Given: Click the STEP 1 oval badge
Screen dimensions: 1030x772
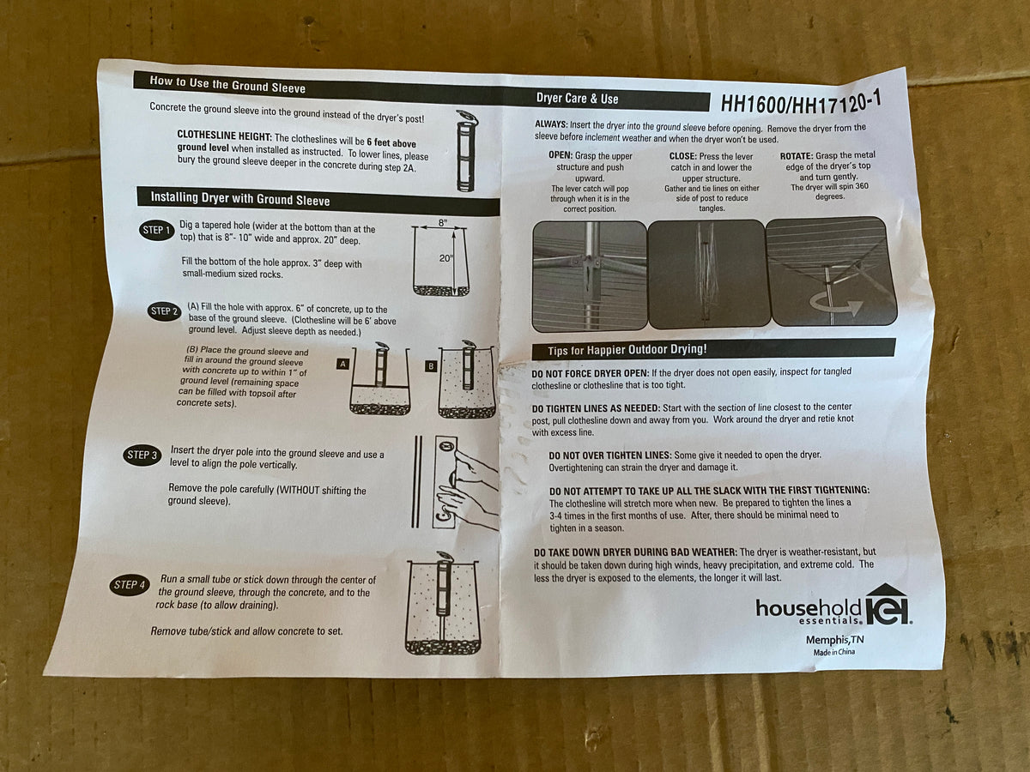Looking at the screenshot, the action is pos(157,230).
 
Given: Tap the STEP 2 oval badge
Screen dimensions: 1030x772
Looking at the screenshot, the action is pos(164,311).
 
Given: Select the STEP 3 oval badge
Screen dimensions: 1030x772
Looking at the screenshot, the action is pos(142,455).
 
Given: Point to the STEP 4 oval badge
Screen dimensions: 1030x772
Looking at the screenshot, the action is pos(130,585).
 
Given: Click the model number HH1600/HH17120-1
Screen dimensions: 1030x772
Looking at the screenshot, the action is pos(801,102).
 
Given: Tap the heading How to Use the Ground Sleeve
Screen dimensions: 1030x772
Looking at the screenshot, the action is pos(227,84).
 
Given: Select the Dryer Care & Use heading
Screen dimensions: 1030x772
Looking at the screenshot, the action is pos(577,99).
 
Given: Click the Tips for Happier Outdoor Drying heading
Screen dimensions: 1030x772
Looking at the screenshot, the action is pos(627,350).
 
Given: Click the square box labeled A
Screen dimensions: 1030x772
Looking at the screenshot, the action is pos(343,365).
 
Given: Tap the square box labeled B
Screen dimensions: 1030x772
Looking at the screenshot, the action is pos(431,366).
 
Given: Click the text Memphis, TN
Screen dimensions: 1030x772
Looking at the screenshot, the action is pos(835,640).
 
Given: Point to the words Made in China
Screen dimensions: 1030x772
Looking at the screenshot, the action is pos(834,652).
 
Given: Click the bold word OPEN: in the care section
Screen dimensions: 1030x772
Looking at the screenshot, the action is pos(560,154).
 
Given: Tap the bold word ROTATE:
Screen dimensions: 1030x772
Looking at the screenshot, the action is pos(797,155).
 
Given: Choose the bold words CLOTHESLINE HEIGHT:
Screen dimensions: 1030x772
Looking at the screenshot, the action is pos(224,136).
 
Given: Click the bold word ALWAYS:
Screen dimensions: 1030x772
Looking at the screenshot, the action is pos(551,124).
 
